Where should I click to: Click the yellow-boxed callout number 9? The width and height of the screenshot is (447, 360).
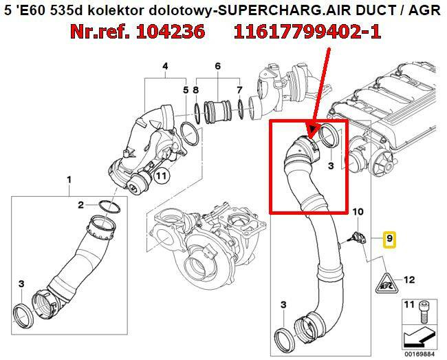(389, 240)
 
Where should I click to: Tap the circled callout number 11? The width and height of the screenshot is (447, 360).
(160, 176)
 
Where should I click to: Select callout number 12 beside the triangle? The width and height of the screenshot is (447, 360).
(410, 279)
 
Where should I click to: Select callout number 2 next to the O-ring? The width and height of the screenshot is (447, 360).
(80, 205)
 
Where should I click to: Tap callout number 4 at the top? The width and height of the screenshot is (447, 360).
(165, 66)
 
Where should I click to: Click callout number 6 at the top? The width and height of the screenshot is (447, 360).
(217, 66)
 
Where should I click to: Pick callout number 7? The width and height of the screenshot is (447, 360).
(239, 89)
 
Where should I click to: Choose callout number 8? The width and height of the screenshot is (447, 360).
(196, 89)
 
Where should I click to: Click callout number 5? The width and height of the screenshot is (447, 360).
(185, 89)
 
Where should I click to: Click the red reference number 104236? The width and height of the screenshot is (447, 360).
(166, 32)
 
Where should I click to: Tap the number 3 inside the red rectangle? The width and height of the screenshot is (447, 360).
(331, 166)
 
